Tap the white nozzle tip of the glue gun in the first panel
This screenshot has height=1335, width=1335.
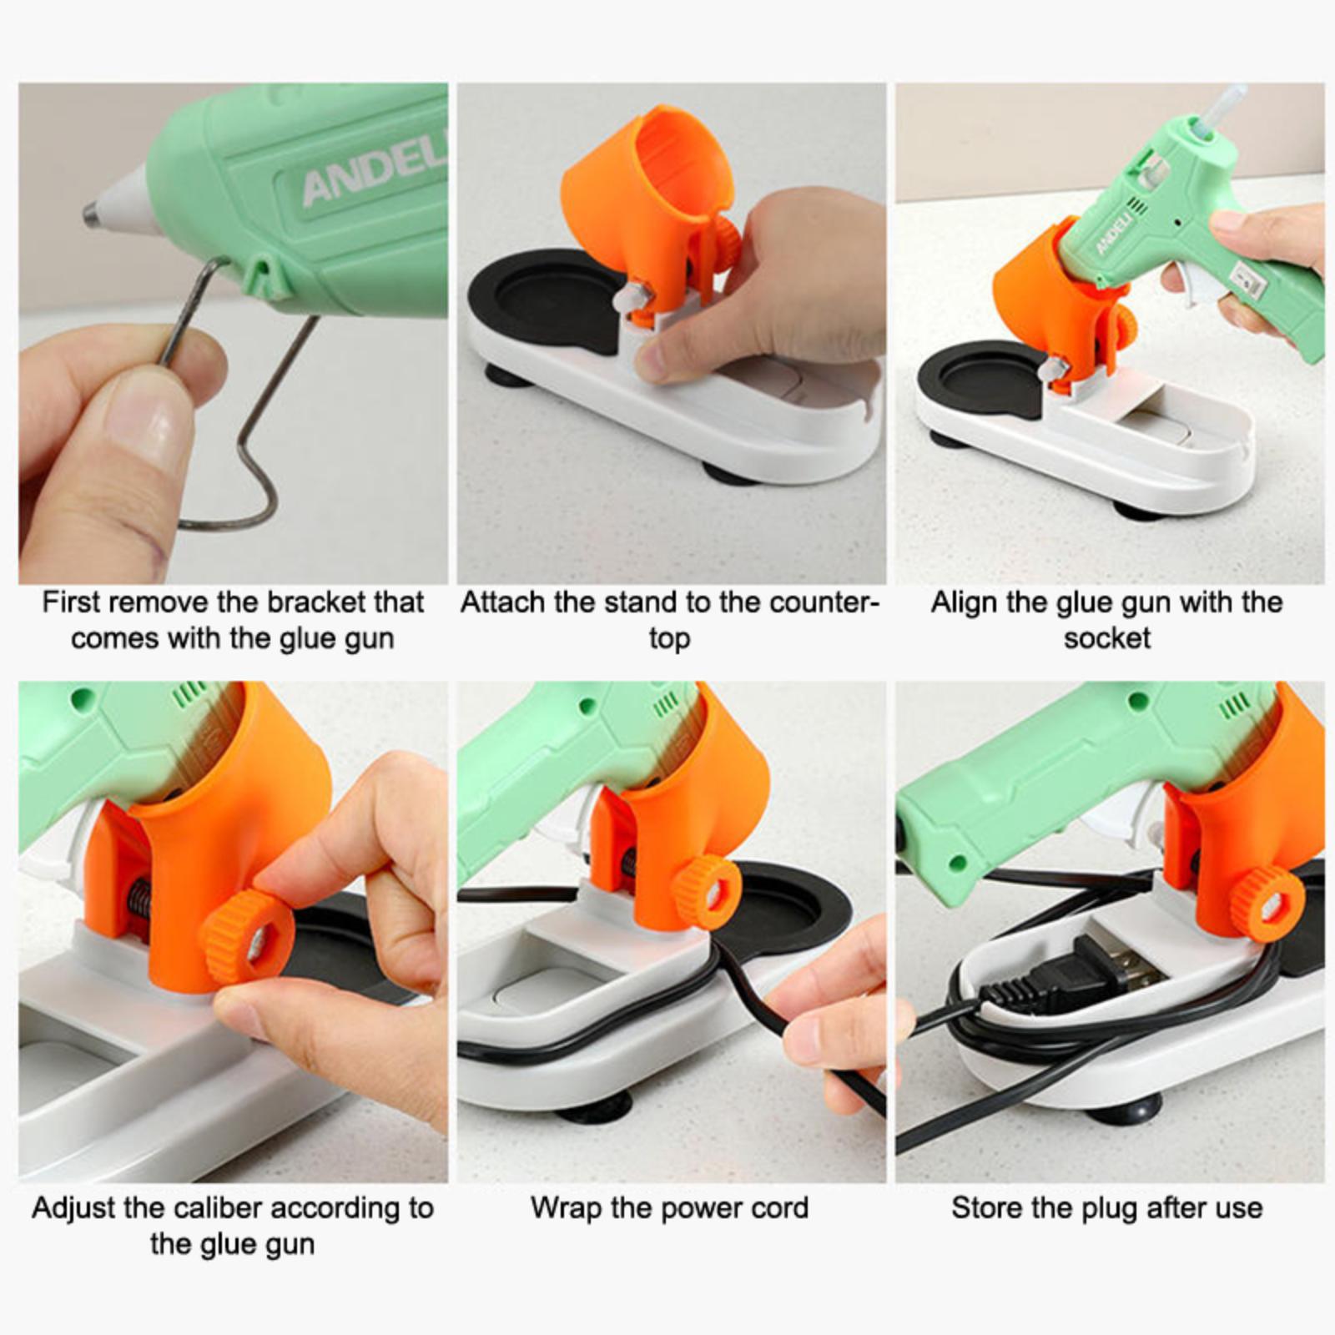point(122,201)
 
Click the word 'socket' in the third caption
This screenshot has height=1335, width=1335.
point(1106,638)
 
